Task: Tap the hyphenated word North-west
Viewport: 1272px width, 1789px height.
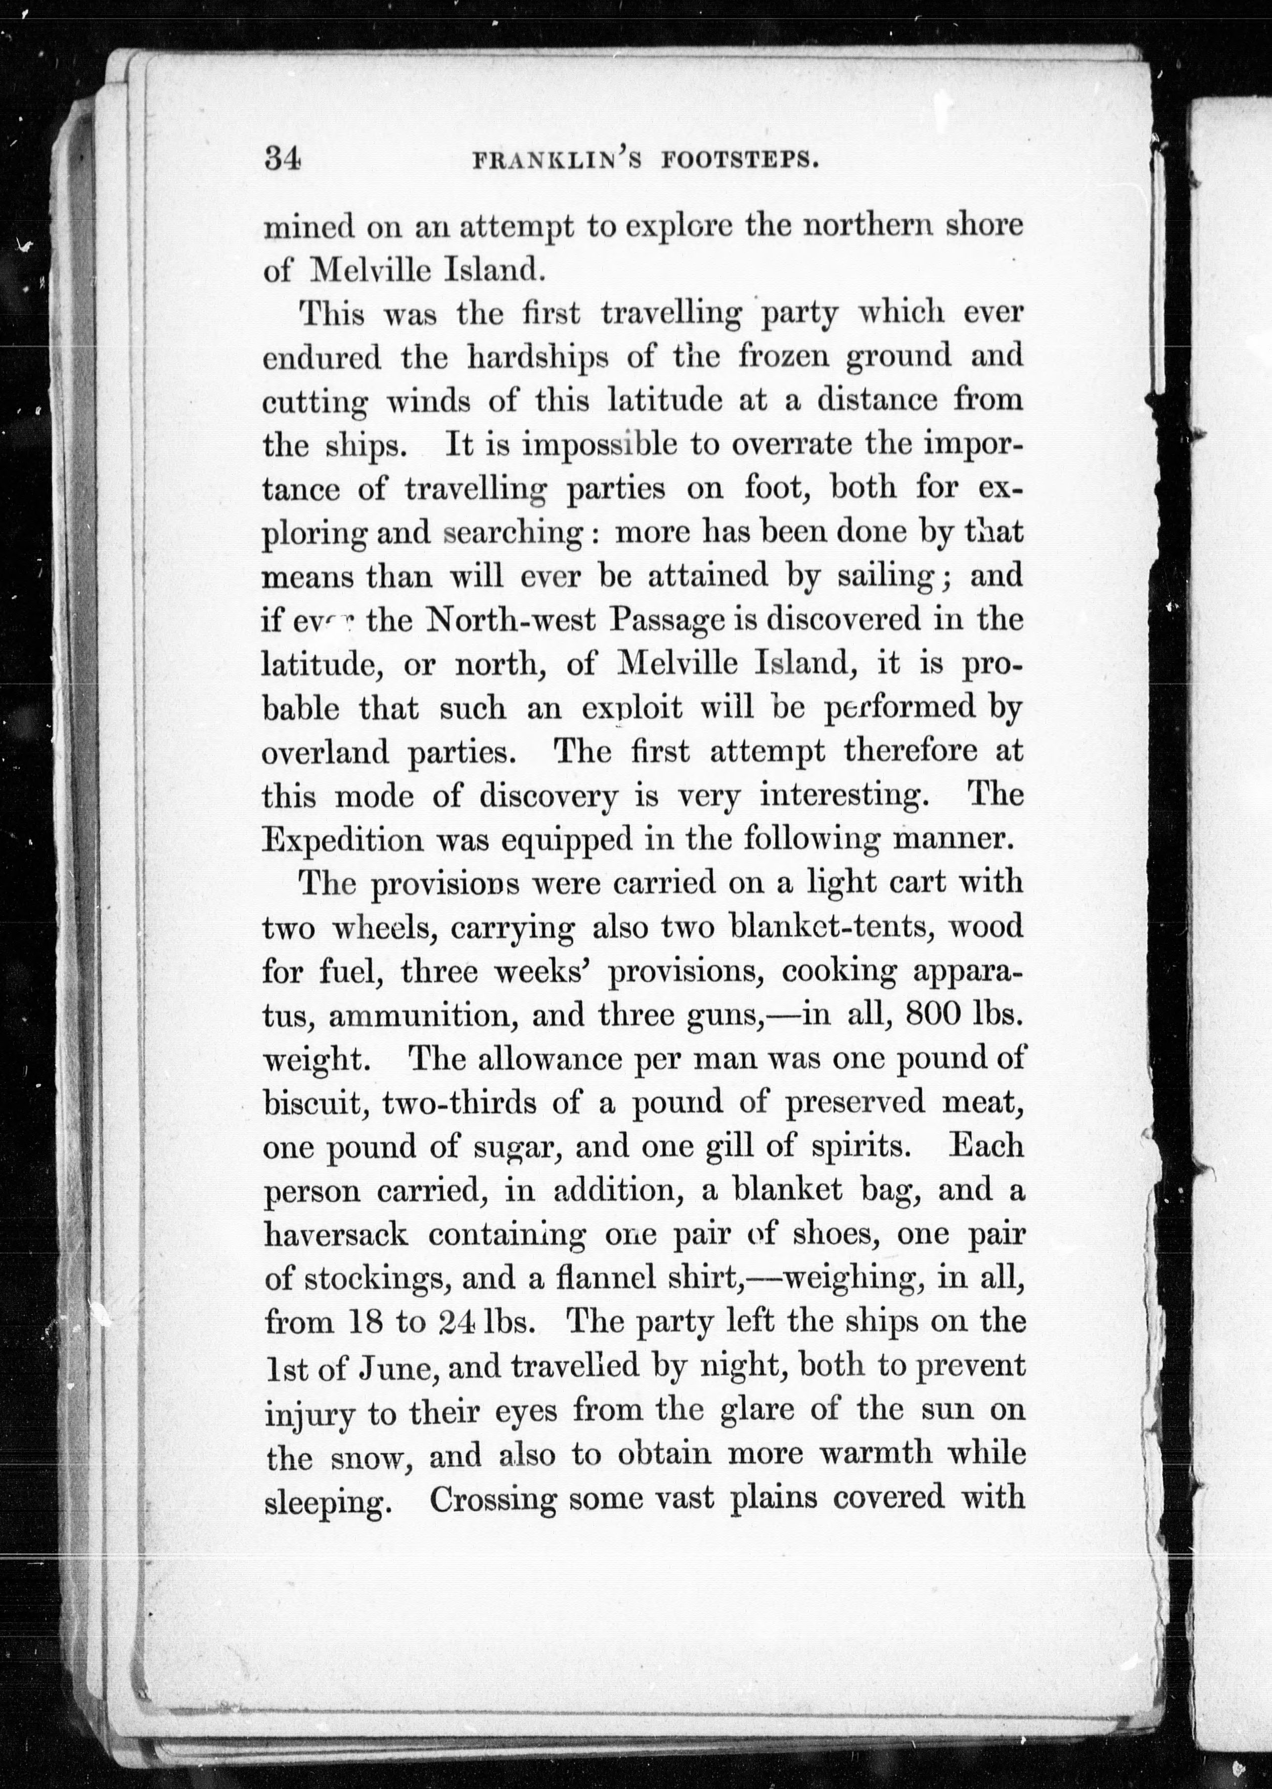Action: pyautogui.click(x=510, y=620)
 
